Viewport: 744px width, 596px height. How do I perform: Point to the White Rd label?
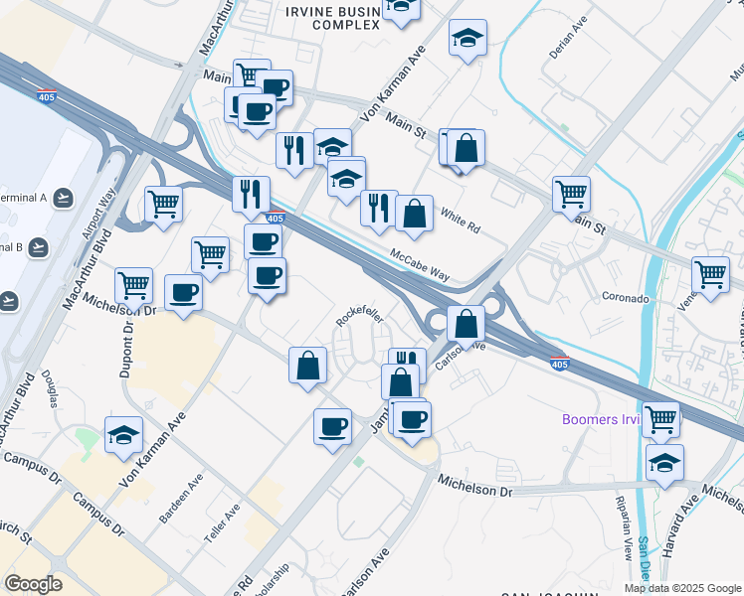point(460,221)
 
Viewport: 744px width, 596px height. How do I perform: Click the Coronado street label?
point(626,297)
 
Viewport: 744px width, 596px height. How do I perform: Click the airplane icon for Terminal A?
point(64,198)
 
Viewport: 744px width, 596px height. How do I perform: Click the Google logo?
point(33,584)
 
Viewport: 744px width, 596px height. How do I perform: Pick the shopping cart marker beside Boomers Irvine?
point(660,418)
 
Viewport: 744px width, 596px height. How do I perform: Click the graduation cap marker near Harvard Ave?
point(665,461)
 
